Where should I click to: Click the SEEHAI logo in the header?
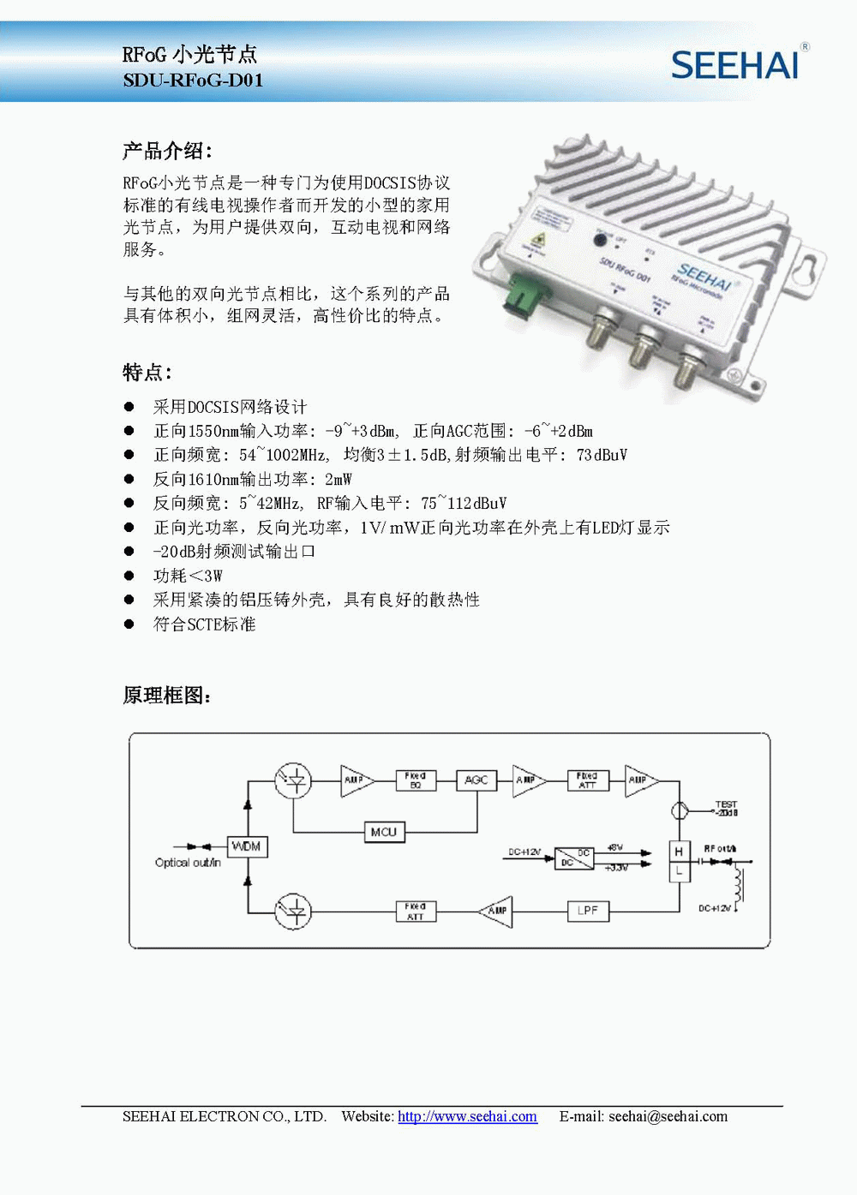[735, 65]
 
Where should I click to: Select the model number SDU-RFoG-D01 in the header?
[193, 81]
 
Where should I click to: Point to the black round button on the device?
[600, 242]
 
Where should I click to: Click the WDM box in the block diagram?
[247, 846]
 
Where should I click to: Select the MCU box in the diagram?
[383, 832]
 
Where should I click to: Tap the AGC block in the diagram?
[476, 780]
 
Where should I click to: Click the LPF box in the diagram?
[588, 911]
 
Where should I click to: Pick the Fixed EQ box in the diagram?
[416, 780]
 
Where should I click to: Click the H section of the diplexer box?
[679, 851]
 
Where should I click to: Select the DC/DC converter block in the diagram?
[573, 857]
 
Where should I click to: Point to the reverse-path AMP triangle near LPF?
[496, 911]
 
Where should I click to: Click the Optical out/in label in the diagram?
[188, 863]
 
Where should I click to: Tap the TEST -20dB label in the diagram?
[726, 809]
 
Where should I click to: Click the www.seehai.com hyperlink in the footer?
[467, 1116]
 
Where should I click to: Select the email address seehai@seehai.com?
[668, 1116]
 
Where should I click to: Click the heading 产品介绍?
[167, 152]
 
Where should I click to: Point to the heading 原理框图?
[167, 696]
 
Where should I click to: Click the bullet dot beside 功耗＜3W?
[129, 576]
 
